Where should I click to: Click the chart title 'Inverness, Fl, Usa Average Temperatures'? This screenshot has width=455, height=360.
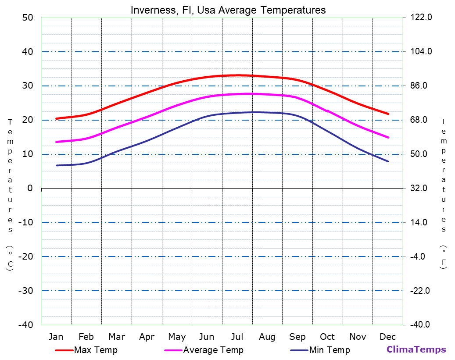pos(228,10)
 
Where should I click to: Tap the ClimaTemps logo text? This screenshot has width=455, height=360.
pos(416,349)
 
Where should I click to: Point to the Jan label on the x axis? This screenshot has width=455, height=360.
pos(56,337)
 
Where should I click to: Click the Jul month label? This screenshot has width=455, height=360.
pos(237,337)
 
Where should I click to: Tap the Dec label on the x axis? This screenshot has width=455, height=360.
pos(388,337)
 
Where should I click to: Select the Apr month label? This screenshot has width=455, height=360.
pos(147,337)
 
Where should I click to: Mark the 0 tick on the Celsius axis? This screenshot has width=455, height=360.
pos(30,188)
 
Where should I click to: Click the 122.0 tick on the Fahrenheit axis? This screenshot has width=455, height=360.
pos(421,18)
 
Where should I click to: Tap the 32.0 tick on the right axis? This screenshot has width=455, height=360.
pos(419,188)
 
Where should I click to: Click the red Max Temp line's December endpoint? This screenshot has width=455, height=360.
pos(388,114)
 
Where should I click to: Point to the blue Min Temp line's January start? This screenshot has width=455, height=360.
pos(57,165)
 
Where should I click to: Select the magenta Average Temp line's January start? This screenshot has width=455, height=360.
pos(57,142)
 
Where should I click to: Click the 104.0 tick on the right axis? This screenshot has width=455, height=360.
pos(421,52)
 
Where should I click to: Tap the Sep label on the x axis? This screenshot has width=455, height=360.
pos(297,337)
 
